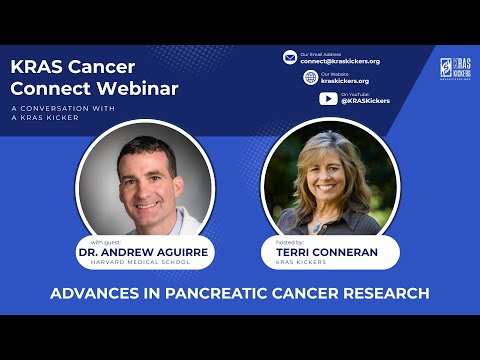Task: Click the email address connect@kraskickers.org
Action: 340,61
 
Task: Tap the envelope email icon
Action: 290,57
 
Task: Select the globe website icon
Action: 311,77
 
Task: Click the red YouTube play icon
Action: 328,98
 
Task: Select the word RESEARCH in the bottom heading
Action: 381,294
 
